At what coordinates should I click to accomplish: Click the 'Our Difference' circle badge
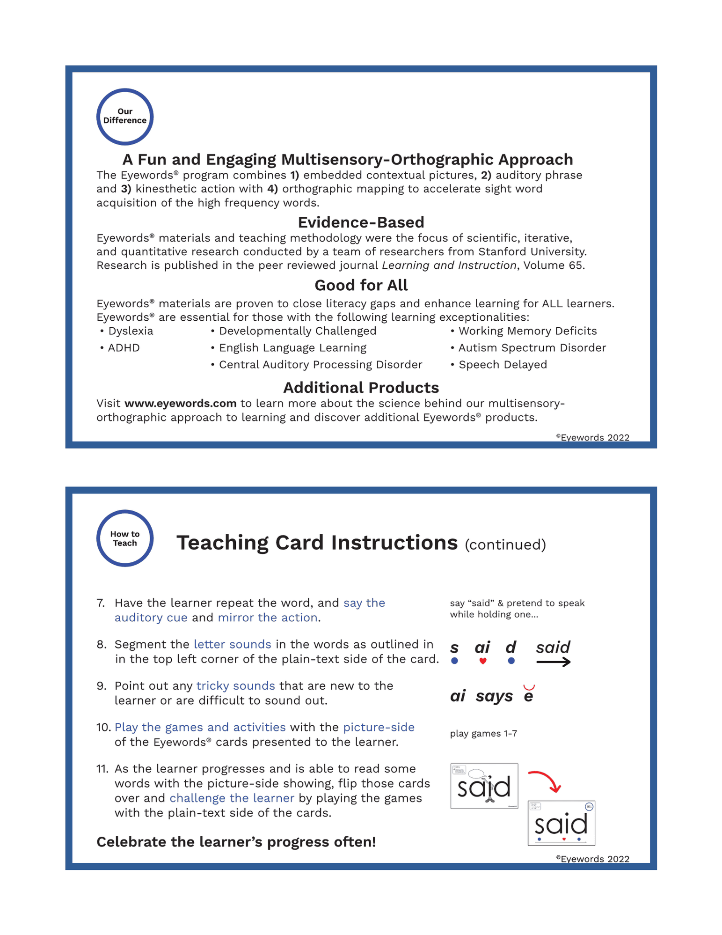[x=124, y=116]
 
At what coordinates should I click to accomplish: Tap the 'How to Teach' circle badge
[x=124, y=538]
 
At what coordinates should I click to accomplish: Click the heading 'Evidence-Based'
[x=361, y=222]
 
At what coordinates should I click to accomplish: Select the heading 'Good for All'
[x=361, y=285]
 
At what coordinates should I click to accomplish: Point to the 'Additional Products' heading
[x=361, y=388]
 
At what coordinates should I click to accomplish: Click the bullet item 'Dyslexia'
[x=130, y=331]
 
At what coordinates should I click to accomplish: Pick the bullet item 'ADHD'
[x=124, y=348]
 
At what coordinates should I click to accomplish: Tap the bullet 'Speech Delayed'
[x=502, y=365]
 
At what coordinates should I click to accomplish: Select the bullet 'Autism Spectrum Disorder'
[x=532, y=348]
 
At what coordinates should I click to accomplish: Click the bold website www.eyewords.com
[x=180, y=404]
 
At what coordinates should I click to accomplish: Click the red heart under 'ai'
[x=482, y=661]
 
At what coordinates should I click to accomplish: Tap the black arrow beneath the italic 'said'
[x=553, y=662]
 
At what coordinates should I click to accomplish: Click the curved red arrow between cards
[x=546, y=780]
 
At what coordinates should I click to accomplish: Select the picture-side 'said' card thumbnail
[x=484, y=786]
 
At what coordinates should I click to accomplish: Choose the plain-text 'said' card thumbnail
[x=561, y=823]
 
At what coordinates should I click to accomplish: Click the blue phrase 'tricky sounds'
[x=235, y=686]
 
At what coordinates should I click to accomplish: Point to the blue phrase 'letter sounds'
[x=232, y=644]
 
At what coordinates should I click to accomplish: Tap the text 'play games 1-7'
[x=483, y=734]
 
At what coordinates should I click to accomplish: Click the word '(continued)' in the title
[x=505, y=545]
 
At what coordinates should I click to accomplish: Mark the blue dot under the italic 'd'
[x=511, y=661]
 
